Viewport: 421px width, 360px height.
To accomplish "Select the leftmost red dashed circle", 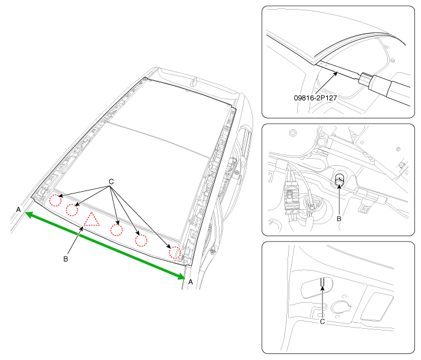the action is [x=55, y=200].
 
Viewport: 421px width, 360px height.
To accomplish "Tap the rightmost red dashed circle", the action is [x=175, y=252].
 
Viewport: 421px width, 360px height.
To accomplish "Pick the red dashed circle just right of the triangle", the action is [x=117, y=230].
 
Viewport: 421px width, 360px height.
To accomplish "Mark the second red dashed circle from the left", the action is [x=72, y=210].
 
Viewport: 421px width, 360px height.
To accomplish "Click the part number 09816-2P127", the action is [x=315, y=98].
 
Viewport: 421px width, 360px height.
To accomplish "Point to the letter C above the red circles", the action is [x=111, y=182].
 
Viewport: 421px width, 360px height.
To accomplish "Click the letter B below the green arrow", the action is [x=66, y=259].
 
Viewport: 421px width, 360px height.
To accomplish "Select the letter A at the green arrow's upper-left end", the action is [x=18, y=210].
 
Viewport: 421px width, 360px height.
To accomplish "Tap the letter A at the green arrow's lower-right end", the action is [x=191, y=282].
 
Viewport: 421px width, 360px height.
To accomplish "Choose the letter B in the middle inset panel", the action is [x=339, y=219].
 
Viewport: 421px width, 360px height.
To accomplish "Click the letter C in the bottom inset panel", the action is [x=322, y=322].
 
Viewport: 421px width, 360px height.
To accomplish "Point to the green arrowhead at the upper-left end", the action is [x=29, y=215].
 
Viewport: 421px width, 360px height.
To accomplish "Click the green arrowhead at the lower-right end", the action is [x=181, y=276].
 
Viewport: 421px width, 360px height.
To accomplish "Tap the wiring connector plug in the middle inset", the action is [x=291, y=196].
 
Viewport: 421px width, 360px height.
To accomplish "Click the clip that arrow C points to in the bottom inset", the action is [x=322, y=282].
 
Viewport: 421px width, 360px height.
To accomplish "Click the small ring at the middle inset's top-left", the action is [x=293, y=133].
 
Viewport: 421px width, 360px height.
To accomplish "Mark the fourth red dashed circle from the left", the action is [x=141, y=240].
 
